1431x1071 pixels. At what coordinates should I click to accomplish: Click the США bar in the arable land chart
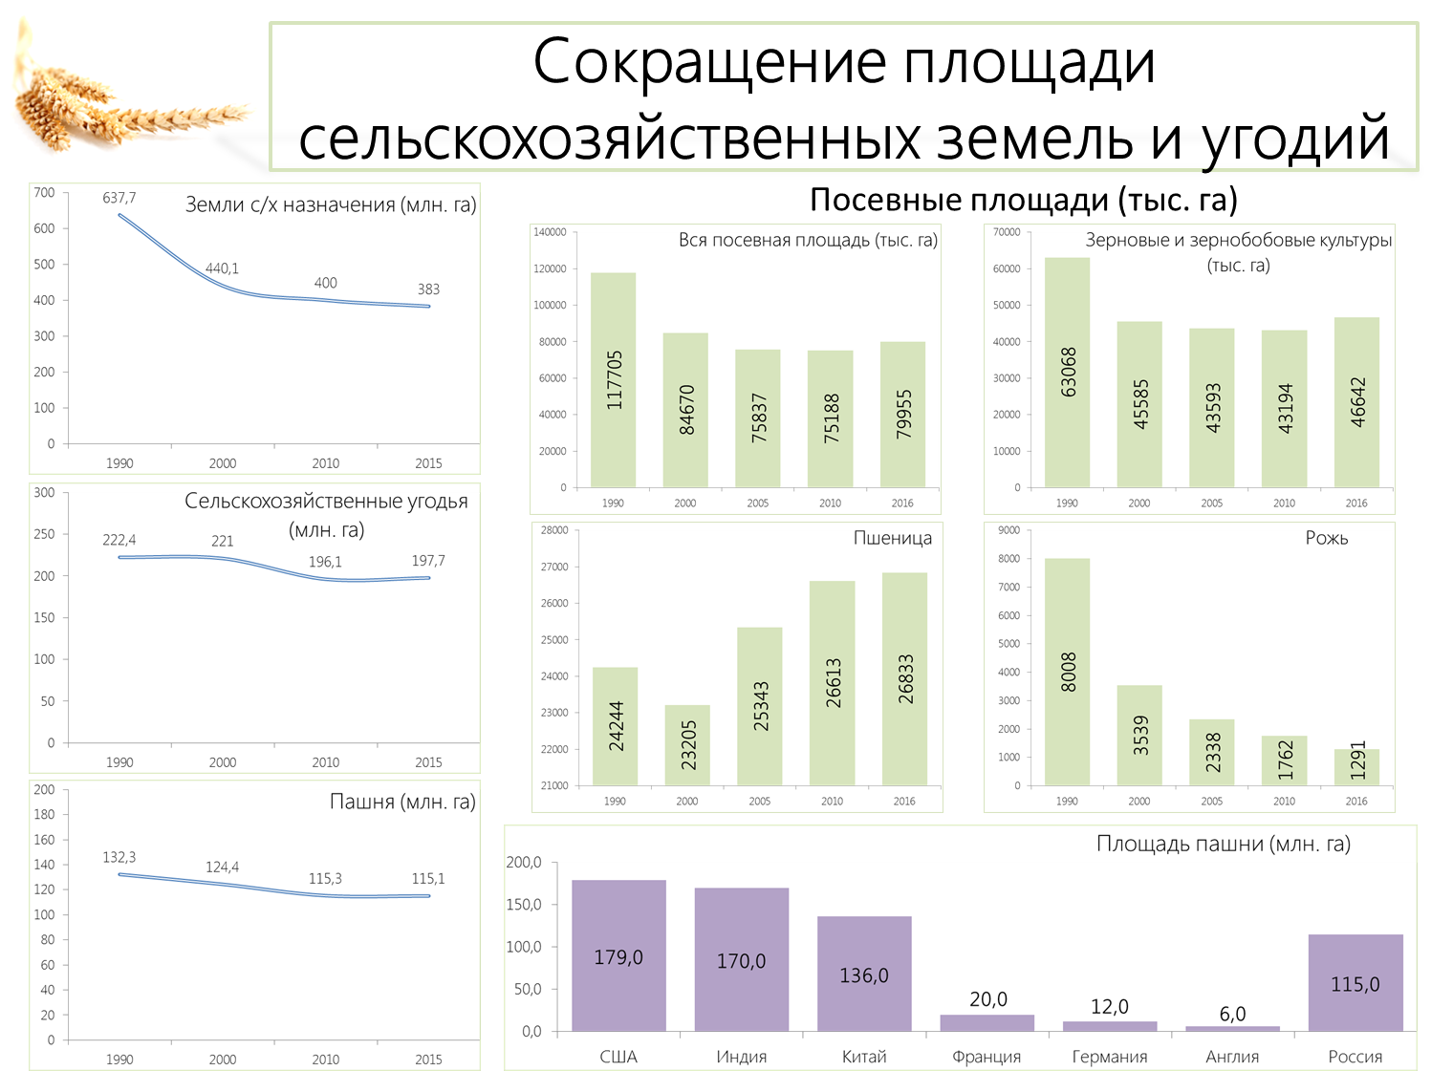(x=618, y=955)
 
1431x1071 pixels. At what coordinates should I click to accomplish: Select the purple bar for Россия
(x=1355, y=982)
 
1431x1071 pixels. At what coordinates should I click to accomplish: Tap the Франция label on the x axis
(x=987, y=1056)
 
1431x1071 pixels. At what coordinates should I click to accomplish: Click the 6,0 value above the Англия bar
(x=1232, y=1014)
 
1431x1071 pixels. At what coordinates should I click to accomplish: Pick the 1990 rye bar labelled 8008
(x=1067, y=672)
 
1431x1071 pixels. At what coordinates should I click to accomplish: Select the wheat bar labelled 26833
(x=905, y=679)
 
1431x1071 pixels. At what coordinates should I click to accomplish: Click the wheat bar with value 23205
(x=687, y=745)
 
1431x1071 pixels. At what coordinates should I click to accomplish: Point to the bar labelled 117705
(x=613, y=380)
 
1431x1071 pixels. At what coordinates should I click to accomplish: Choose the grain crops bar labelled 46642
(x=1356, y=402)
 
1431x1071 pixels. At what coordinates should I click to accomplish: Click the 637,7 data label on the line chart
(x=119, y=198)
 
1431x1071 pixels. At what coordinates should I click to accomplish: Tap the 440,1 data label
(x=223, y=268)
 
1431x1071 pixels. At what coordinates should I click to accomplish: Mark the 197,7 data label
(x=428, y=560)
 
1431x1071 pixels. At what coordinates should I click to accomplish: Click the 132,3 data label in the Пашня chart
(x=119, y=857)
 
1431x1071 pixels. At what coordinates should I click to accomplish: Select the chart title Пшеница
(x=893, y=538)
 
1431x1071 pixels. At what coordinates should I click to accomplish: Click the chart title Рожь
(x=1326, y=538)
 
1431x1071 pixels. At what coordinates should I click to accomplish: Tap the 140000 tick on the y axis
(x=550, y=232)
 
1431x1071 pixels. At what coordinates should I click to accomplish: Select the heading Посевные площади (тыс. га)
(x=1024, y=200)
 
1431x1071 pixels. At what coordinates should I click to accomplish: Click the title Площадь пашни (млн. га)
(x=1223, y=845)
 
